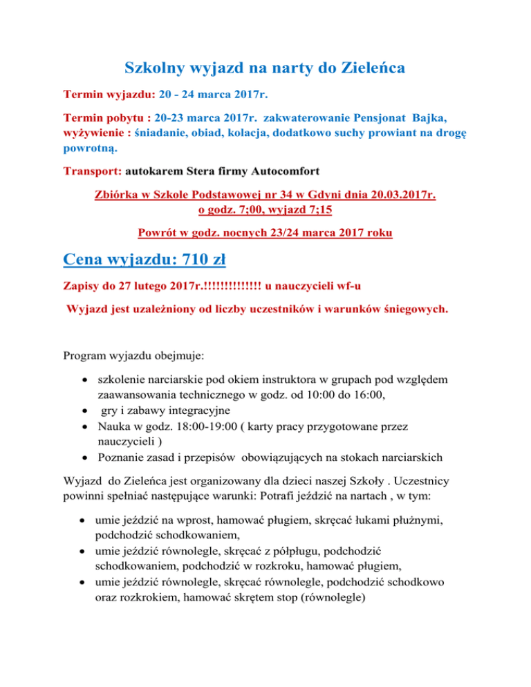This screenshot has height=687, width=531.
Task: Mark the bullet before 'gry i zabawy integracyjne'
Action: click(84, 409)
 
